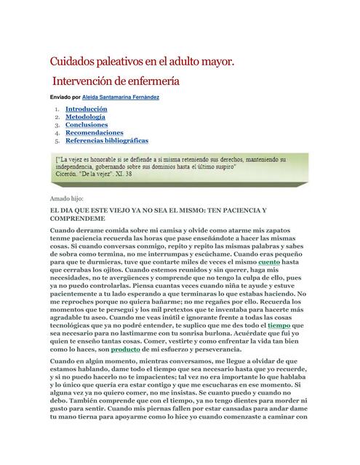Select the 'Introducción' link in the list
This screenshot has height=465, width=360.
click(86, 109)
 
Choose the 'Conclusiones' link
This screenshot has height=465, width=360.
click(86, 125)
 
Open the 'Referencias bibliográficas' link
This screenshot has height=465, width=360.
click(106, 141)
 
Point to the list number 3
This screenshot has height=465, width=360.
click(56, 125)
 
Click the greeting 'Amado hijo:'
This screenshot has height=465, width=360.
click(66, 198)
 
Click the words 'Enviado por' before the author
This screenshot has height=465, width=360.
click(65, 97)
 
